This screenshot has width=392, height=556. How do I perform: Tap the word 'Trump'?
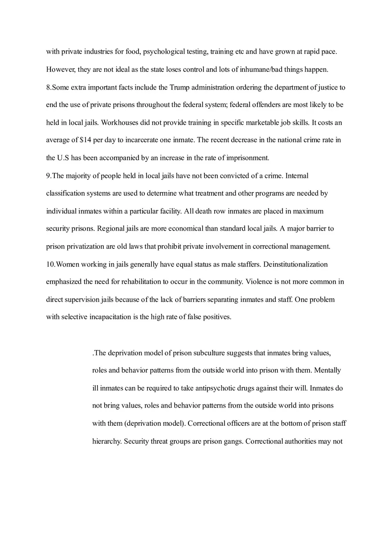(x=180, y=87)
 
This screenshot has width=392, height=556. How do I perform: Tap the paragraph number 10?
(x=50, y=264)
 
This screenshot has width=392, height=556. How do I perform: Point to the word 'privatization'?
(x=86, y=247)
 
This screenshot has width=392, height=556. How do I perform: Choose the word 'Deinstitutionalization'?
(x=295, y=264)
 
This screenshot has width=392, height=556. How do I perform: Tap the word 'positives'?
(x=216, y=317)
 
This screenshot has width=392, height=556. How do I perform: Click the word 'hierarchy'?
(x=106, y=441)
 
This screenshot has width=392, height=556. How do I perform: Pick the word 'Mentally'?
(x=327, y=371)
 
